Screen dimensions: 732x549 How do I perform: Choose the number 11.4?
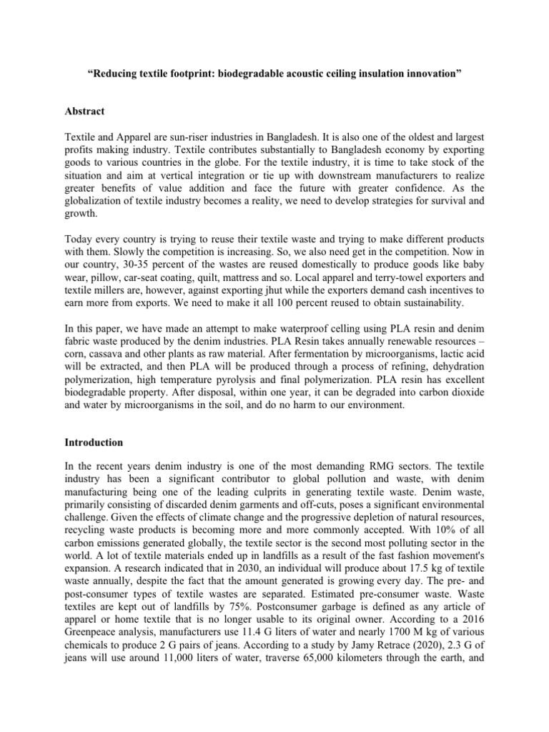coord(254,629)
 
